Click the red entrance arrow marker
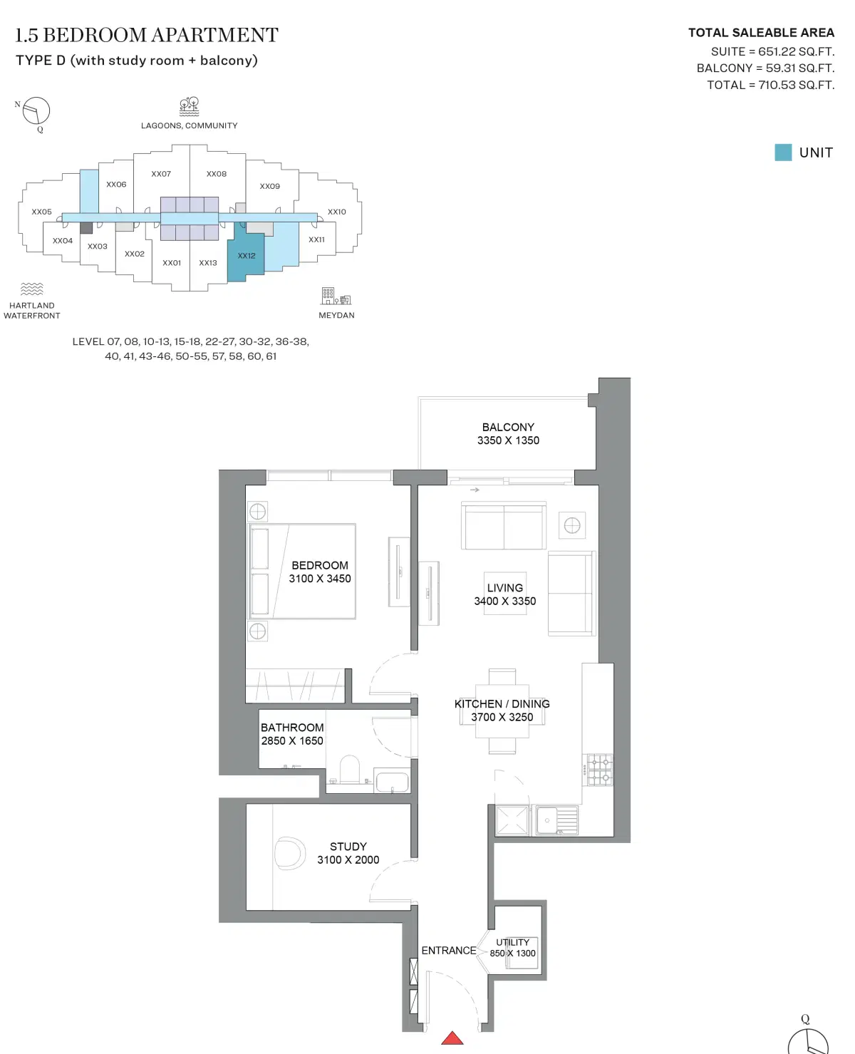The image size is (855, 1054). [452, 1038]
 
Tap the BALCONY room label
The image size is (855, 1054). [508, 427]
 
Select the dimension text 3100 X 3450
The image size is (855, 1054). [320, 579]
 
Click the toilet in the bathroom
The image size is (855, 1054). [350, 770]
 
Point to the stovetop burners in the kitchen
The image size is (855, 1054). [599, 770]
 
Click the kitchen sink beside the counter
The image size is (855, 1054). [556, 820]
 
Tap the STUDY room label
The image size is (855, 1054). [348, 847]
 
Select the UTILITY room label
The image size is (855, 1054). [512, 942]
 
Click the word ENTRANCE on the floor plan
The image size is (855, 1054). [448, 951]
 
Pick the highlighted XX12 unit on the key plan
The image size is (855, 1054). [246, 256]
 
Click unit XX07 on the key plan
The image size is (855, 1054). [161, 174]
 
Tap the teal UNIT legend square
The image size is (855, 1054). [783, 153]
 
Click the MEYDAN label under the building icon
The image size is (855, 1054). [336, 315]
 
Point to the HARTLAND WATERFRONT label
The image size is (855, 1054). [32, 311]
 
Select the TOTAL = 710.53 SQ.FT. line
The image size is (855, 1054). [770, 85]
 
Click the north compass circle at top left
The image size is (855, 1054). [36, 110]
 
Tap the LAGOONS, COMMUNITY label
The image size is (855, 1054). [189, 125]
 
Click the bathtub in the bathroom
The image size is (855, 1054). [391, 782]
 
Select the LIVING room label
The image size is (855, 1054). [504, 588]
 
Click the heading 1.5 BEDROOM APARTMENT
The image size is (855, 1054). [147, 35]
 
